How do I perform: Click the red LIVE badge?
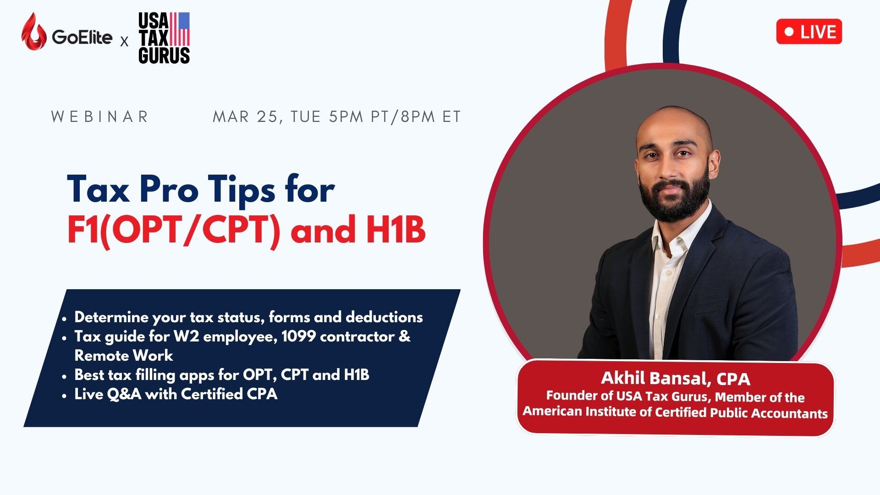[809, 32]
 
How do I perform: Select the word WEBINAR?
[99, 116]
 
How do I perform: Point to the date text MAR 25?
[245, 117]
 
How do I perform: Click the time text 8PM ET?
[431, 116]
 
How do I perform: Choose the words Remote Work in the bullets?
[124, 356]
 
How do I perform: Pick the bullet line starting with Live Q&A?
[176, 394]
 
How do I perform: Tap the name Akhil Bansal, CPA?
[676, 379]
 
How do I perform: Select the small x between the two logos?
[124, 43]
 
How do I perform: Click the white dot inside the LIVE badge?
[789, 32]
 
